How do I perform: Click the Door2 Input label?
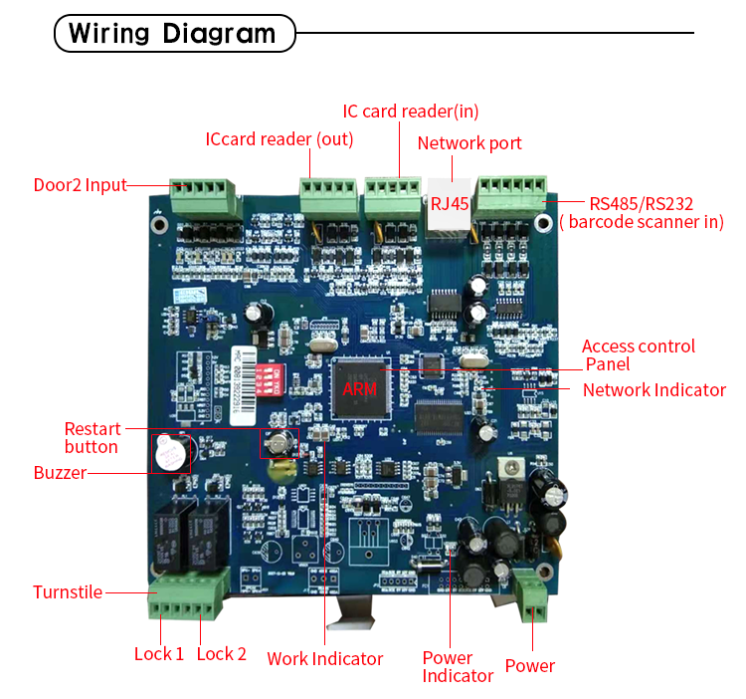click(x=81, y=184)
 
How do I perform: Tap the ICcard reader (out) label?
click(x=280, y=139)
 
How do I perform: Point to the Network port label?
click(x=469, y=143)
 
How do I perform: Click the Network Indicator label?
click(x=654, y=389)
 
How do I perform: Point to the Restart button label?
click(x=92, y=438)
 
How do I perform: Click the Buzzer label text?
click(x=60, y=473)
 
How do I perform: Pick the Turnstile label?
click(x=68, y=592)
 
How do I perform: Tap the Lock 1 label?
click(x=159, y=654)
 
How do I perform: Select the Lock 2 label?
click(x=222, y=654)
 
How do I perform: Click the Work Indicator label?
click(x=324, y=658)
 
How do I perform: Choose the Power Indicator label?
click(x=458, y=666)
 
